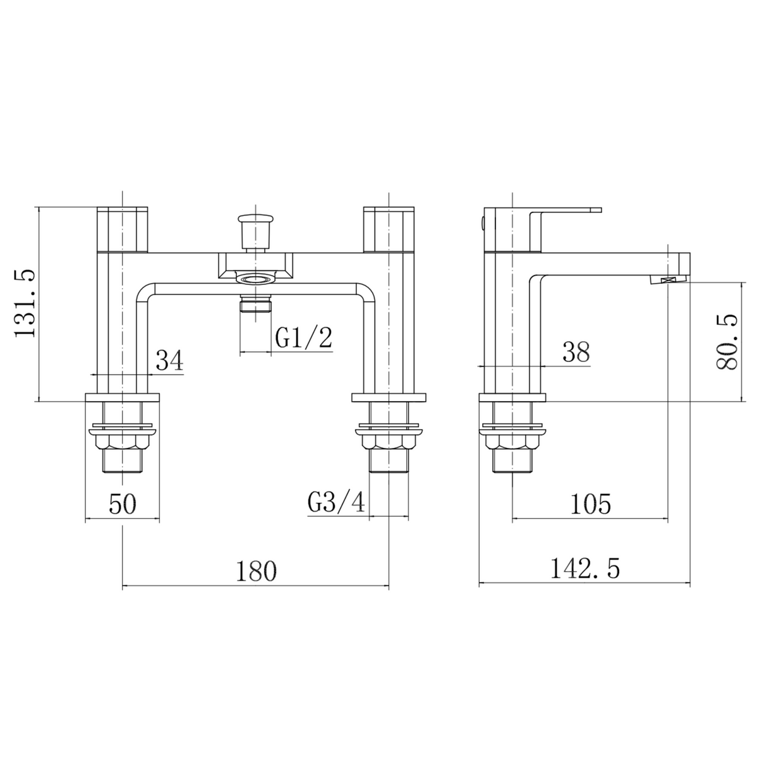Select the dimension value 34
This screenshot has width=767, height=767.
[x=169, y=361]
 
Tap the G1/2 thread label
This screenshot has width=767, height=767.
[x=303, y=339]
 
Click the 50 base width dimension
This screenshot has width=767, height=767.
[x=123, y=505]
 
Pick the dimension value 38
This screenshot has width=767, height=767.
[x=575, y=353]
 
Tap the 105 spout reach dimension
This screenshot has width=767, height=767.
[x=591, y=504]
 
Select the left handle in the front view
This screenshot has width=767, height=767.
[x=123, y=229]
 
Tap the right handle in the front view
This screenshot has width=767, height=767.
[x=388, y=229]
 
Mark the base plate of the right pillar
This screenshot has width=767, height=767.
[x=388, y=397]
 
